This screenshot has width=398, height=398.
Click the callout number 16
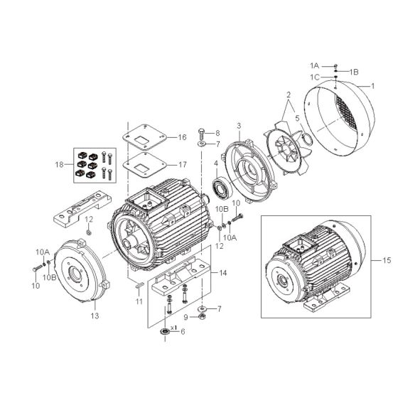click(182, 136)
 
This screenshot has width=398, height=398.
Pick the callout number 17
click(182, 164)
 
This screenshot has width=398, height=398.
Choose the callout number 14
click(223, 272)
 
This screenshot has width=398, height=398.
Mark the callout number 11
click(140, 302)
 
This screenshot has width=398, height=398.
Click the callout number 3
click(240, 126)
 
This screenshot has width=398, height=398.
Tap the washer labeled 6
click(165, 332)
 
